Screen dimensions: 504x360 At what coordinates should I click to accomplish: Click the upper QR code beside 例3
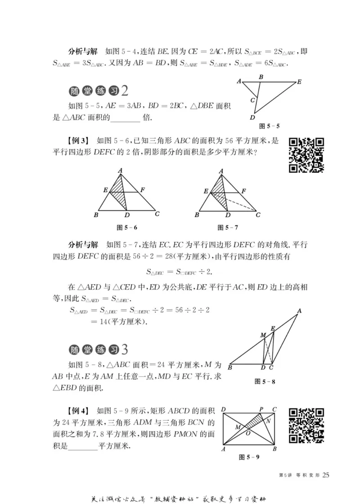tap(306, 154)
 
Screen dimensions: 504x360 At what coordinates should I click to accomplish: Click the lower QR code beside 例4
tap(306, 425)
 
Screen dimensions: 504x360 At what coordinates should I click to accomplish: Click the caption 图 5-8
tap(265, 381)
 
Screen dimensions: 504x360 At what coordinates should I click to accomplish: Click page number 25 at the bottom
tap(327, 474)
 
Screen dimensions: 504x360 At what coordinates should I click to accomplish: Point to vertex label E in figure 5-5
tap(299, 82)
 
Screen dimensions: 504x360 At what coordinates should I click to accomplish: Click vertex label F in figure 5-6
tap(142, 190)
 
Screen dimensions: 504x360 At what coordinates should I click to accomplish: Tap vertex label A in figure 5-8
tap(299, 310)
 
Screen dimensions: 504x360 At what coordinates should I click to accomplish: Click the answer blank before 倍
tap(125, 119)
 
